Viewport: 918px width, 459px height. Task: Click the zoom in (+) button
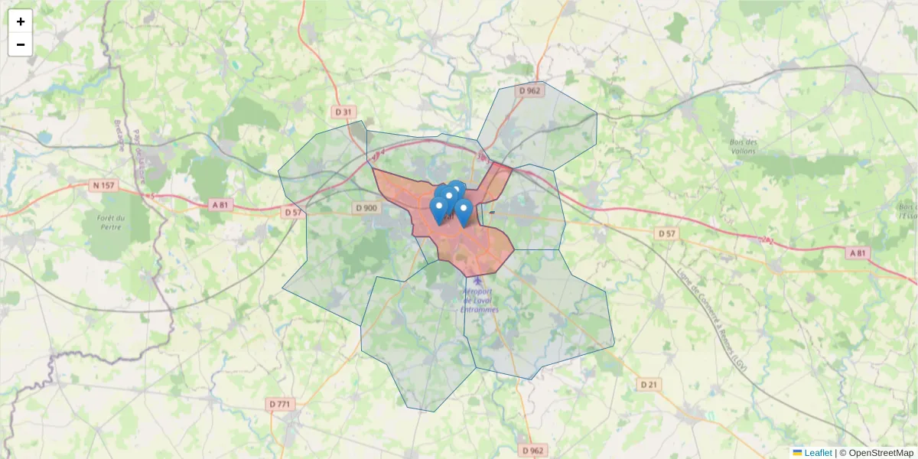21,21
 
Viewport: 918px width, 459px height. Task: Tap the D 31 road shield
345,112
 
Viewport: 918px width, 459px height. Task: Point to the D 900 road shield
366,208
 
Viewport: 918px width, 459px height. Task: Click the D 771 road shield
281,403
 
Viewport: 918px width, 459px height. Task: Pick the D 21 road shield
649,384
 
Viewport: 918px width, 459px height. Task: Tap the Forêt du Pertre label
111,222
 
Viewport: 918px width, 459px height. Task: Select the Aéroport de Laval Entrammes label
480,301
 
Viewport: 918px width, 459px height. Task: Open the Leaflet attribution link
818,453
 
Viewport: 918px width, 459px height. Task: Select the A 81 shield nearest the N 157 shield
220,204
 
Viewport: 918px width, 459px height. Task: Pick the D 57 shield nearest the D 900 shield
293,212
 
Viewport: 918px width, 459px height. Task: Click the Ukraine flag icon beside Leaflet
797,453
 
